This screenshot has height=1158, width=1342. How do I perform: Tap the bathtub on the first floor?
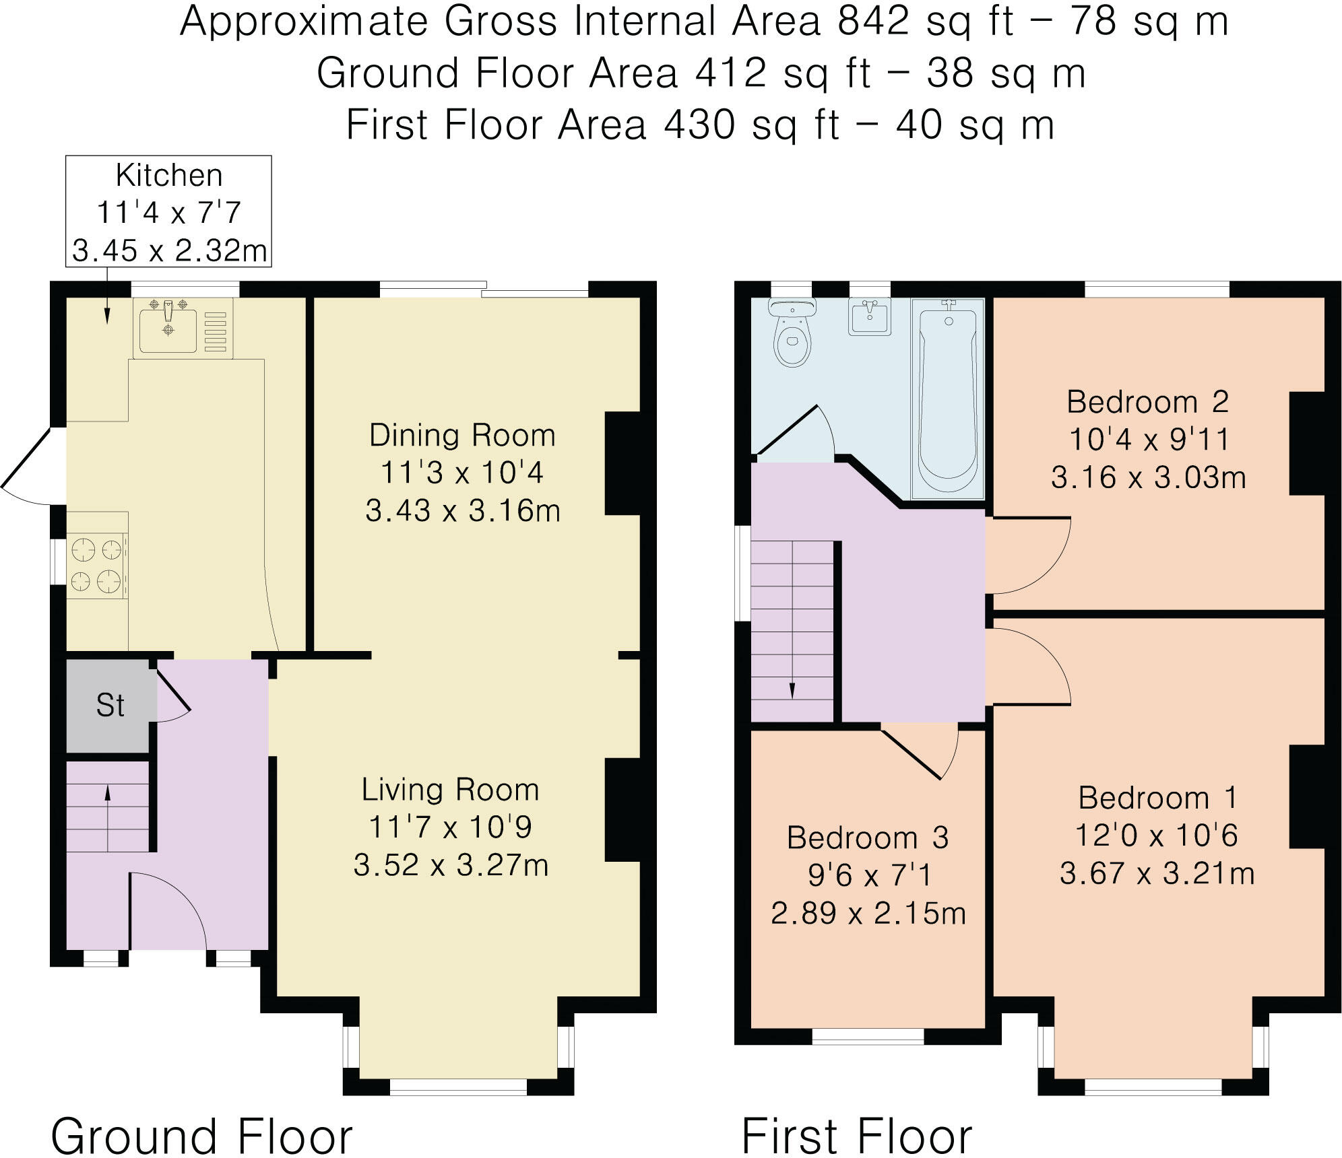click(948, 398)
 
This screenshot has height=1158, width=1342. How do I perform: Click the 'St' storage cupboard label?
click(110, 706)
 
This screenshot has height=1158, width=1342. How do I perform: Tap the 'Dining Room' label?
click(462, 435)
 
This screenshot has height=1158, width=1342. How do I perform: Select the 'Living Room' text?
click(450, 790)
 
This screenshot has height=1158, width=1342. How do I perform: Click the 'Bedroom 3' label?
click(868, 838)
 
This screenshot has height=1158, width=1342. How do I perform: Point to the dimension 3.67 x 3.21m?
click(1157, 874)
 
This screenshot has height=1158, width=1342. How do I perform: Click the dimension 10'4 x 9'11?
click(1149, 440)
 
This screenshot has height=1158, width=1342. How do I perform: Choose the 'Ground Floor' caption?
click(201, 1118)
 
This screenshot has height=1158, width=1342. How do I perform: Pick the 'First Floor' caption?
click(857, 1118)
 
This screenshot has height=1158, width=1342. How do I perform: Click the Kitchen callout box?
click(168, 211)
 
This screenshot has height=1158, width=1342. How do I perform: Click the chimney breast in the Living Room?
click(622, 810)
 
